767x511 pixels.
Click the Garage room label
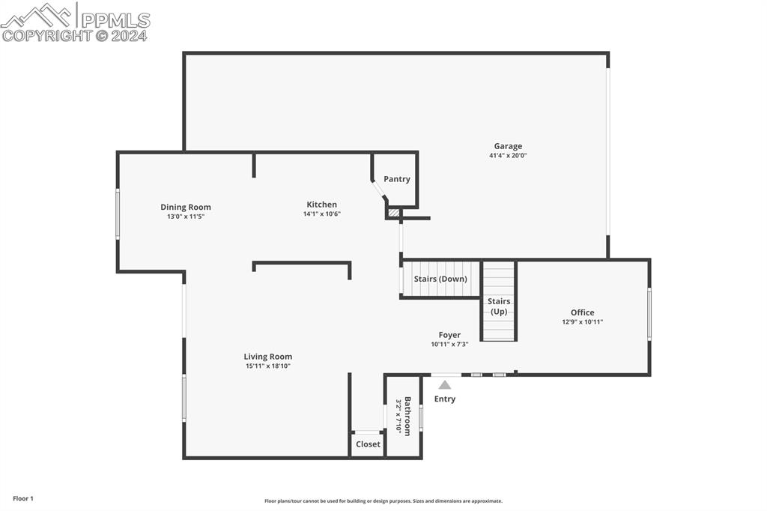pos(508,146)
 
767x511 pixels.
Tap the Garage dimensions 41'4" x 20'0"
pos(508,156)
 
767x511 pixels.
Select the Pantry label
pos(397,179)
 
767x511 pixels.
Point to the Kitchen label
pos(322,205)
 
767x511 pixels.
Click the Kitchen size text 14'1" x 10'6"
pos(322,214)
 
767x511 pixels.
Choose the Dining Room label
pos(186,208)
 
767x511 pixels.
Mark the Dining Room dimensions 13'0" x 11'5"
pos(186,217)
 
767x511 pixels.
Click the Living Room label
pos(268,357)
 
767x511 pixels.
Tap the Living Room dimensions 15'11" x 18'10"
pos(268,366)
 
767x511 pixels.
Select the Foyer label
pos(449,335)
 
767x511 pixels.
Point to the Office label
pos(583,312)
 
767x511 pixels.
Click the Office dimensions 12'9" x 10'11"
pos(583,322)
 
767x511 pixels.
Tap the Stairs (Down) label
pos(440,279)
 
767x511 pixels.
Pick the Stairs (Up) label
pos(499,306)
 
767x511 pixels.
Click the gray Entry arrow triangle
pos(445,384)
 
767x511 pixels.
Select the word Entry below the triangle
pos(445,399)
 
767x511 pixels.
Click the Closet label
pos(368,444)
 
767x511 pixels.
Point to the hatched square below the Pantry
pos(394,214)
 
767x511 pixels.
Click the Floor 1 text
pos(23,499)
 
